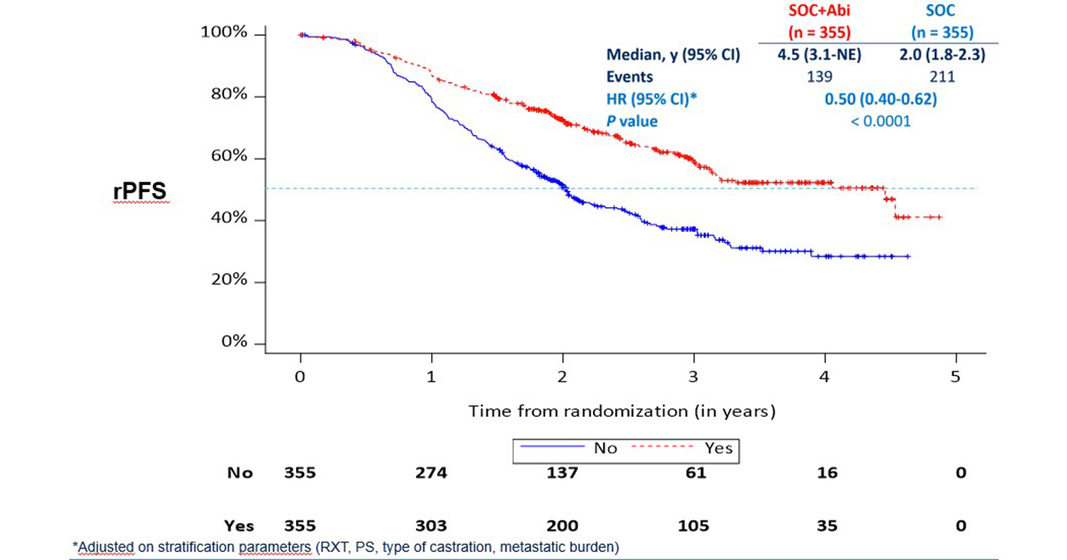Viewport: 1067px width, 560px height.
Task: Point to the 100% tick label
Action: [224, 34]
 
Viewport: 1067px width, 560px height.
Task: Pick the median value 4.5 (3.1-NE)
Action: [811, 54]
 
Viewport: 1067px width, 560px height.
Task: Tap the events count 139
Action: [811, 76]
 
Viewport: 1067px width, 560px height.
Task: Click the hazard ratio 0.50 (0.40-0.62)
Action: [880, 99]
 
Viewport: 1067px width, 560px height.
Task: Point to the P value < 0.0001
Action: [880, 121]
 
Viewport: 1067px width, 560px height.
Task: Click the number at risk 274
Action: [431, 473]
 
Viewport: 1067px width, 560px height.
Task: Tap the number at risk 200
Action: [563, 525]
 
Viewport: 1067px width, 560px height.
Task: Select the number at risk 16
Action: [826, 473]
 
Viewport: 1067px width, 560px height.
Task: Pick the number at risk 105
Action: [694, 525]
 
